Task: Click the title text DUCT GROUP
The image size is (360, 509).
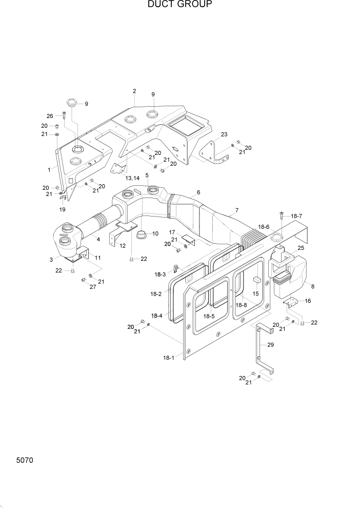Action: [x=179, y=5]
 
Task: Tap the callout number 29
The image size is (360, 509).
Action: [x=271, y=345]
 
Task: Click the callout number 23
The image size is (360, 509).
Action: [x=224, y=135]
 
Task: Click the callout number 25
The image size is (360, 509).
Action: [x=301, y=248]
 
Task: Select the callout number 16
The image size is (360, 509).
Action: [x=308, y=302]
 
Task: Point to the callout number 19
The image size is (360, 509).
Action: [x=62, y=209]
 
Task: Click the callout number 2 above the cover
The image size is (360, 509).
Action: [x=134, y=91]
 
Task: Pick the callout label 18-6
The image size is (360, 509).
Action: [x=264, y=226]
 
